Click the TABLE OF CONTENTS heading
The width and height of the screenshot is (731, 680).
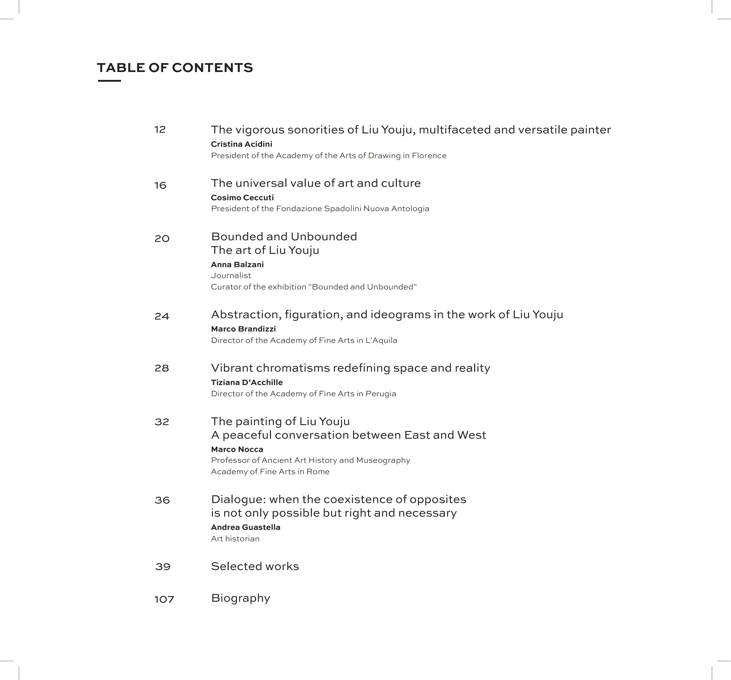click(175, 68)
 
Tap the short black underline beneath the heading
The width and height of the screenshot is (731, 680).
click(109, 80)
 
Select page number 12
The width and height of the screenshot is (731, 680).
click(160, 129)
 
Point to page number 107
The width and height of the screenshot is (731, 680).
click(164, 600)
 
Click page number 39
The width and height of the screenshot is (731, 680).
click(163, 566)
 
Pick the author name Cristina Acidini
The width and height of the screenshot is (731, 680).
click(242, 144)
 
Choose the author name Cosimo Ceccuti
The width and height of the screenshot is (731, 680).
click(242, 198)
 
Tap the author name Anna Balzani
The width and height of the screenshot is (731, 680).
click(237, 264)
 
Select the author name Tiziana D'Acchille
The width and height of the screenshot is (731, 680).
click(247, 382)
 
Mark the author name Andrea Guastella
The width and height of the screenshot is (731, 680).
click(246, 527)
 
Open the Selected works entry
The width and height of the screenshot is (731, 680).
click(255, 566)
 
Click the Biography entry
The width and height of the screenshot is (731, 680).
click(241, 598)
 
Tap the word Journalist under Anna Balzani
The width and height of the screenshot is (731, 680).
click(231, 275)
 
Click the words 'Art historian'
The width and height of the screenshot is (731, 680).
click(235, 538)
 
